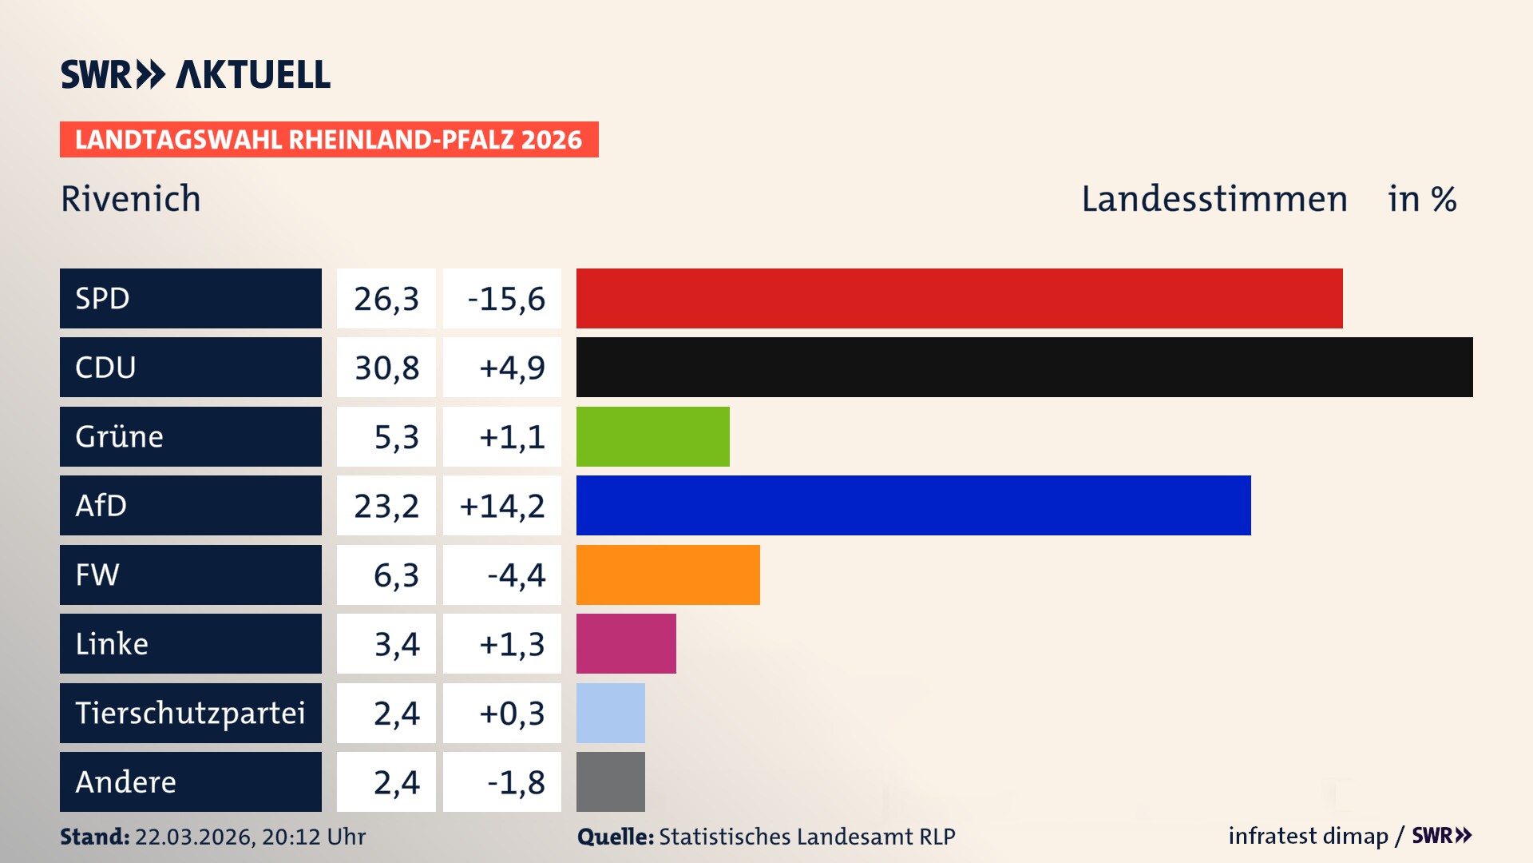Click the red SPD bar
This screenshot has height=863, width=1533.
point(959,298)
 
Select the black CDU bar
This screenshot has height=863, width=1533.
point(1024,367)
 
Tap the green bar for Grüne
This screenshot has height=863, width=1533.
point(652,436)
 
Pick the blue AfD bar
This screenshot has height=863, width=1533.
point(913,505)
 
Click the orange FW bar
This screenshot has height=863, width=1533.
point(667,575)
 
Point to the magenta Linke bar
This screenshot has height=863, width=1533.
point(626,643)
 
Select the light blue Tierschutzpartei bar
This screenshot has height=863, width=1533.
point(610,713)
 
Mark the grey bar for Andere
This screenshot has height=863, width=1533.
point(610,781)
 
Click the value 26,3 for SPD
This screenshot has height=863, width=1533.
point(386,299)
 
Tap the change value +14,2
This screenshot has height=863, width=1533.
point(502,506)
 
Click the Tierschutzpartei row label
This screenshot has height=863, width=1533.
point(190,713)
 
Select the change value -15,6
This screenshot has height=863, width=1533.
point(505,299)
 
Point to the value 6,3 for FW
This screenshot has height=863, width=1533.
point(396,575)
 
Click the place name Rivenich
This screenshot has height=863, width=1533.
point(131,199)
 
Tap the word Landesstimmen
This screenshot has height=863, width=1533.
point(1214,199)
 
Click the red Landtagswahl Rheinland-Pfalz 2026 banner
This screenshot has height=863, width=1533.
point(329,140)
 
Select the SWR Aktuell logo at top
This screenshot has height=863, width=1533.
point(196,74)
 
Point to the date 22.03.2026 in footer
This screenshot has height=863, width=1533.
point(194,837)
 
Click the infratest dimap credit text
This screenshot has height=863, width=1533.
point(1307,836)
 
